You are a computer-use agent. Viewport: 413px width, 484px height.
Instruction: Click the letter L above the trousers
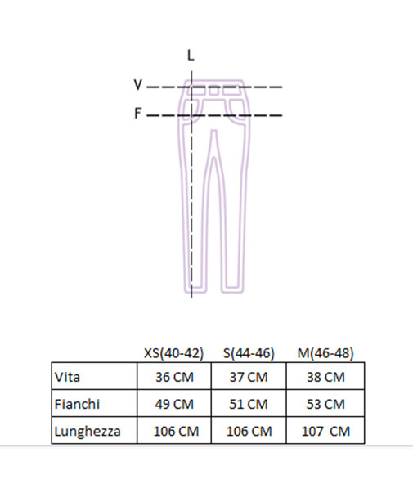click(191, 56)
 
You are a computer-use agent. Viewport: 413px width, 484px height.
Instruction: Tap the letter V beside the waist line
click(137, 84)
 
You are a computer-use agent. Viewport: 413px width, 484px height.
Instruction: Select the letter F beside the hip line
click(137, 114)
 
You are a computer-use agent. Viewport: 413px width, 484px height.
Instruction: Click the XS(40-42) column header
click(173, 353)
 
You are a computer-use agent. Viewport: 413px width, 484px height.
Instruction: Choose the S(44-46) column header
click(249, 353)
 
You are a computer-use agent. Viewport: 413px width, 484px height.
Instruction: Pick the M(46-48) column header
click(325, 353)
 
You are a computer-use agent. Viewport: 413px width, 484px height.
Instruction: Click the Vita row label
click(67, 377)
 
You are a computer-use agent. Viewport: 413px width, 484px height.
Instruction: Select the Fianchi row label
click(77, 404)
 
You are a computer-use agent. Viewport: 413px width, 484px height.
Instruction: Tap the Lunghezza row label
click(88, 431)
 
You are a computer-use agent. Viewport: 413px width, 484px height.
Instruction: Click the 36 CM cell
click(174, 377)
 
